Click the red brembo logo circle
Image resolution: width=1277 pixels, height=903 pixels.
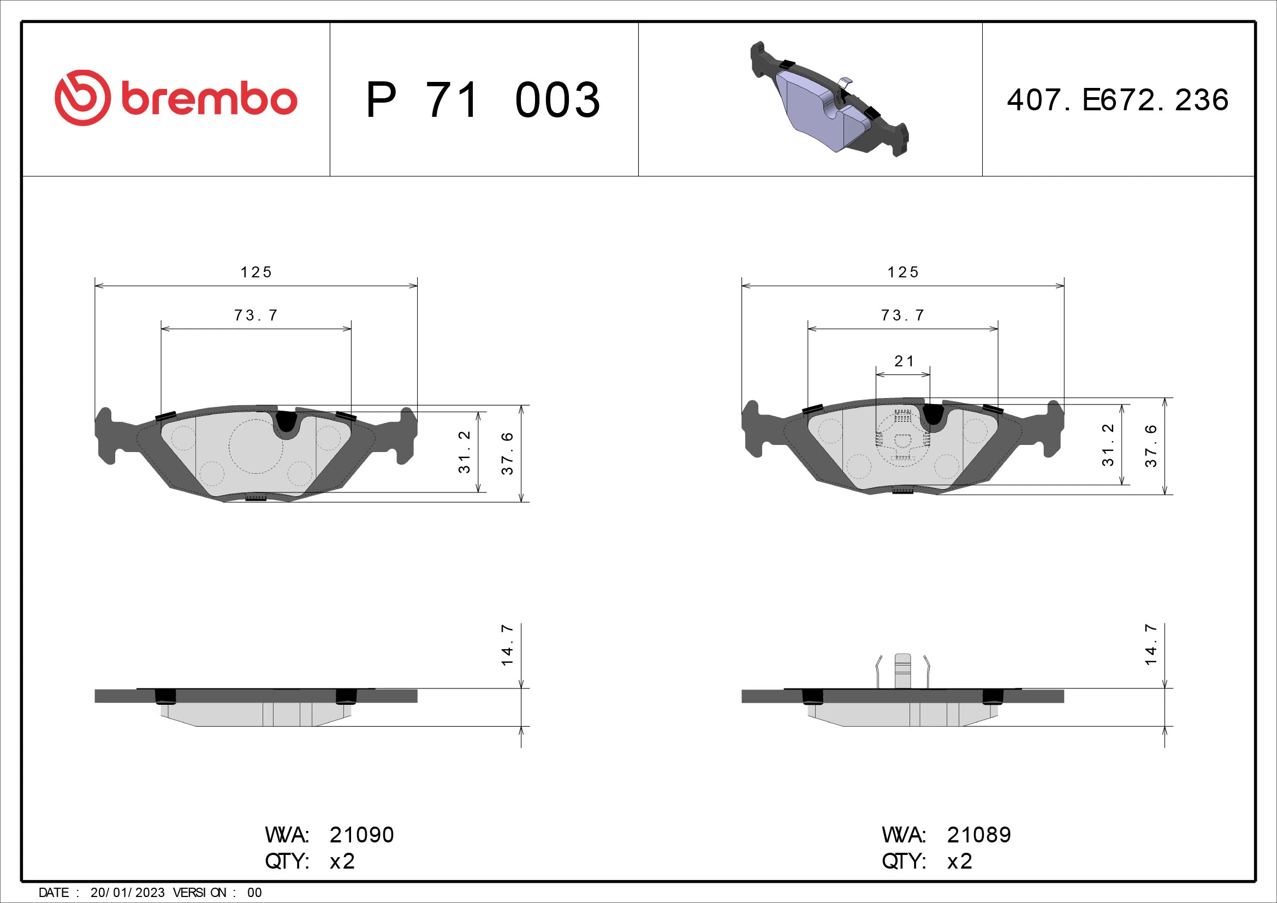[x=82, y=98]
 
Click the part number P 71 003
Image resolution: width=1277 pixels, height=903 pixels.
[x=483, y=100]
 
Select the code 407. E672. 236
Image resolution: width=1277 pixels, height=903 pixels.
[x=1118, y=100]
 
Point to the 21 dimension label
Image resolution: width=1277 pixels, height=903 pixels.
[x=903, y=361]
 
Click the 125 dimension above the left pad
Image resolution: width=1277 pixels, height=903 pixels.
[x=256, y=272]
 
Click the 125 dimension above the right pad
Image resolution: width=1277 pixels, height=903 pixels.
[x=902, y=272]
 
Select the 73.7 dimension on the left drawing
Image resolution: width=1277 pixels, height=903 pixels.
[x=256, y=315]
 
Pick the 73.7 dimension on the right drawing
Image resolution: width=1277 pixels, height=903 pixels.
[x=902, y=315]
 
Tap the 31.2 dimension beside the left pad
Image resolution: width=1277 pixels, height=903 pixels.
[x=465, y=452]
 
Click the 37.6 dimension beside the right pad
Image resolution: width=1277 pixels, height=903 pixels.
[x=1151, y=445]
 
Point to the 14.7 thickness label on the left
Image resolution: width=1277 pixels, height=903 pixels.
[x=507, y=645]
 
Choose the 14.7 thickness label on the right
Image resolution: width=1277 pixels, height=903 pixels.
[x=1151, y=645]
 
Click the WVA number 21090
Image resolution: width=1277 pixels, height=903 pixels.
[x=361, y=835]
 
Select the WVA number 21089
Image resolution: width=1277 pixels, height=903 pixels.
[x=979, y=835]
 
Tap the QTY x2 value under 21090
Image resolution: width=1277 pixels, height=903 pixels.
[x=342, y=862]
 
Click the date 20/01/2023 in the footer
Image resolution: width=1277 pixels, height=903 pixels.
[x=127, y=893]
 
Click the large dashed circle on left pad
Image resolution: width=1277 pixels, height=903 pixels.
[x=256, y=447]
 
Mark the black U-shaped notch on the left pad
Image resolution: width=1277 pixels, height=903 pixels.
[x=287, y=421]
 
